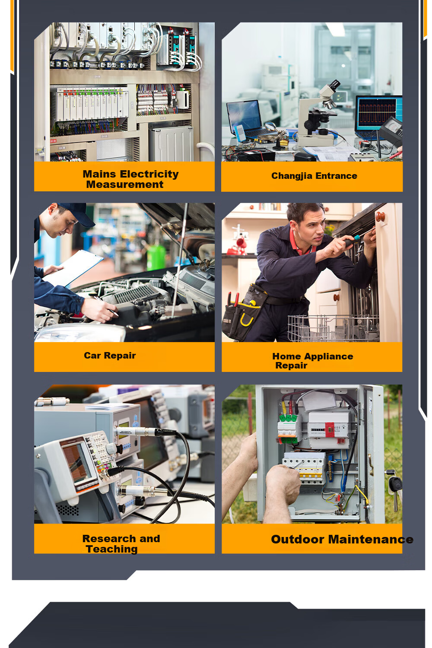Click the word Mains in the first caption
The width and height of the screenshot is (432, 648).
[99, 174]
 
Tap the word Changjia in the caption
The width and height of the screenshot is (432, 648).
[292, 176]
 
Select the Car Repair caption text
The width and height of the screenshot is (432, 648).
[110, 356]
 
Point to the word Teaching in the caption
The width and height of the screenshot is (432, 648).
[112, 549]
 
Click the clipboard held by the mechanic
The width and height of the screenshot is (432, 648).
[72, 268]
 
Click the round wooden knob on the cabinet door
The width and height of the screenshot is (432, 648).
[380, 216]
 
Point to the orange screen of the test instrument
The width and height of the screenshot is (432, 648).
[76, 462]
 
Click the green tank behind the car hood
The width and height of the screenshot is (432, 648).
[156, 257]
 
